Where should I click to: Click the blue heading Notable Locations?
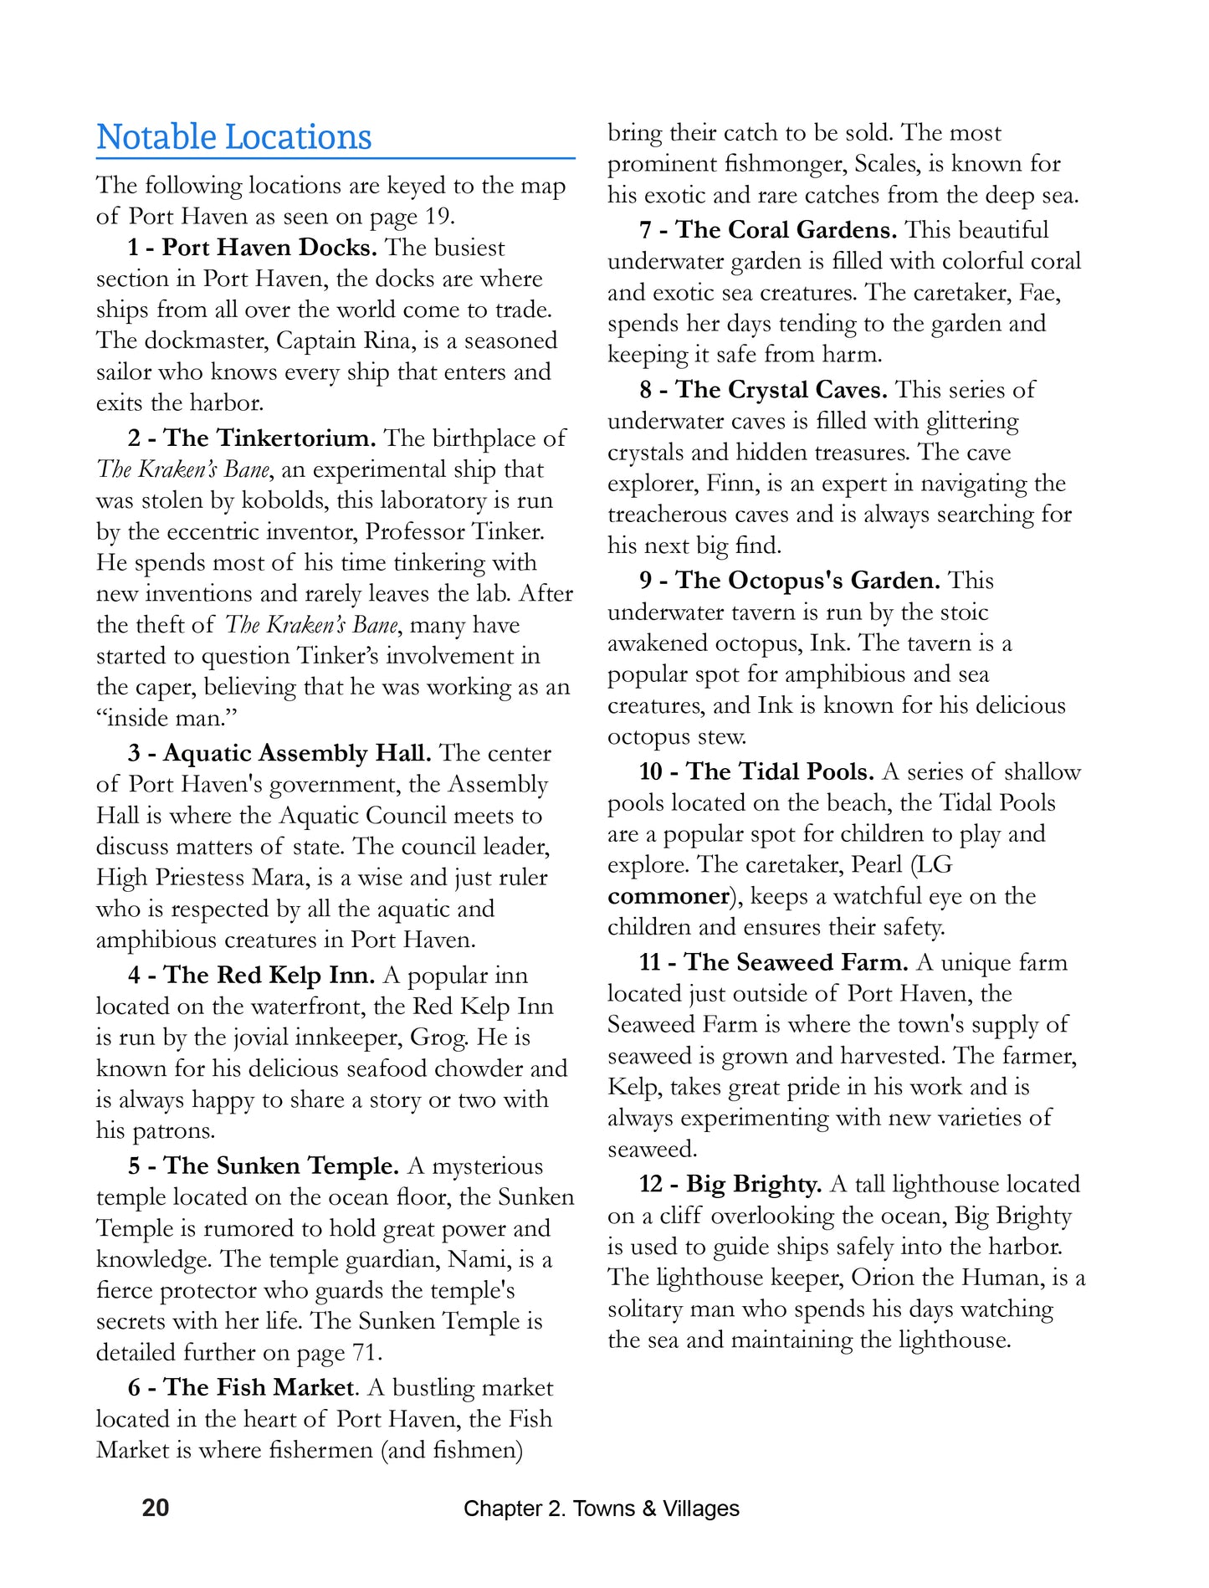(233, 137)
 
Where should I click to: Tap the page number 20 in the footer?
(156, 1508)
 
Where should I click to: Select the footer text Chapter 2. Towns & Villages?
(601, 1509)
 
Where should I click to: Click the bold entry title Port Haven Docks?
(269, 248)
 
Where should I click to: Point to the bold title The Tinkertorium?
(269, 438)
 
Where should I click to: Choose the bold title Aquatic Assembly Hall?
(297, 753)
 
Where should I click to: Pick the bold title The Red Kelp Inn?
(269, 975)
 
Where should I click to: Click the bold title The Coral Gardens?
(786, 229)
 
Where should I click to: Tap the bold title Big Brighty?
(754, 1184)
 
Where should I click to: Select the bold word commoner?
(669, 896)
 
